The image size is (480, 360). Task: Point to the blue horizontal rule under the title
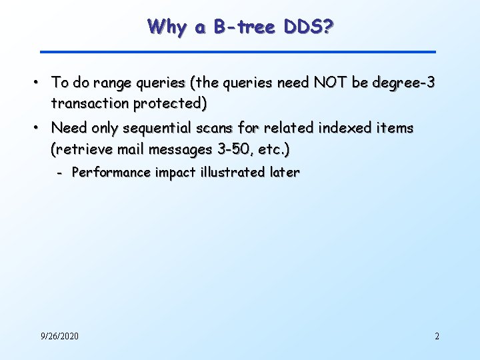pos(237,51)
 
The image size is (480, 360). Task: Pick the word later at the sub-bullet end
pos(285,173)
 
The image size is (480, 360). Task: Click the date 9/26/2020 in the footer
pos(59,336)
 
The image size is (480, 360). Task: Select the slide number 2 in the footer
pos(437,336)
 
